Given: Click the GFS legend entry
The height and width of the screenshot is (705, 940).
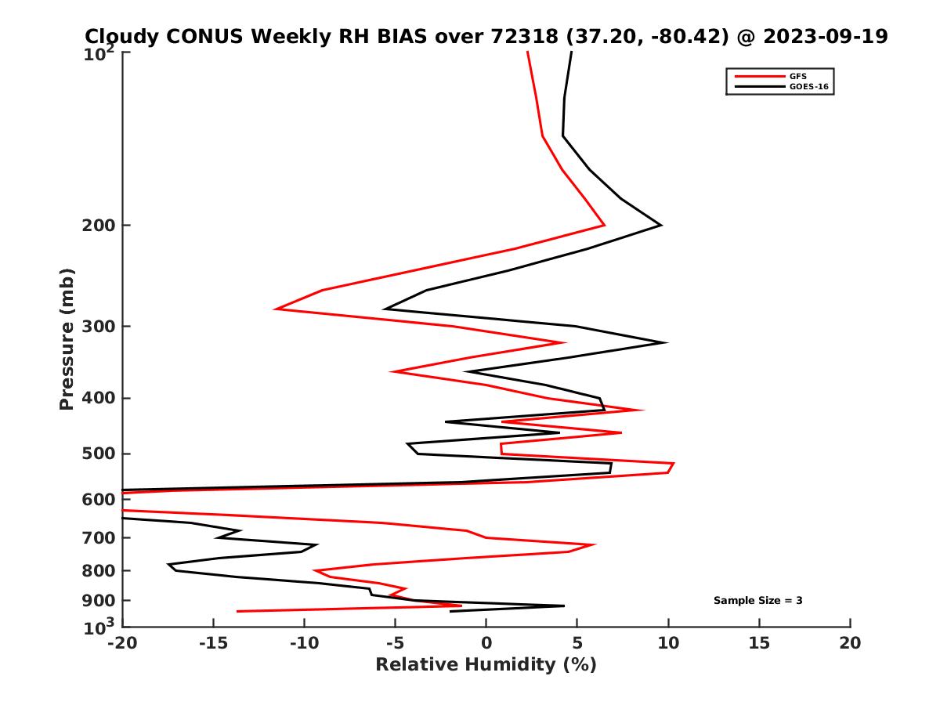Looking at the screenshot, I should [x=798, y=76].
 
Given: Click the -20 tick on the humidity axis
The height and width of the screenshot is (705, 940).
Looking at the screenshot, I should [x=123, y=643].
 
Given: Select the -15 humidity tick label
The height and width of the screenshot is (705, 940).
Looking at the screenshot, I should [x=214, y=643].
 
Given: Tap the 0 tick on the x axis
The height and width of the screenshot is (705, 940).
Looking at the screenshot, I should [x=486, y=643].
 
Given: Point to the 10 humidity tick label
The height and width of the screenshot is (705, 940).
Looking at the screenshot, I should [x=668, y=643].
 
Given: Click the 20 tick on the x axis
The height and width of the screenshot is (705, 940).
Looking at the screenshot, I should [x=850, y=643].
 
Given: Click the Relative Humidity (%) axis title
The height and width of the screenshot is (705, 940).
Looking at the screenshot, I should [x=486, y=665].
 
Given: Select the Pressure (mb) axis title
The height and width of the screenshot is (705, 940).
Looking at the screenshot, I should [x=67, y=338].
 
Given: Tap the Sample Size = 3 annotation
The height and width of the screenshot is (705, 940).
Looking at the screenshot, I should [x=757, y=601].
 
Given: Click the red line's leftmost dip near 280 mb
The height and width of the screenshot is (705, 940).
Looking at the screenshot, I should [x=276, y=309].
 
